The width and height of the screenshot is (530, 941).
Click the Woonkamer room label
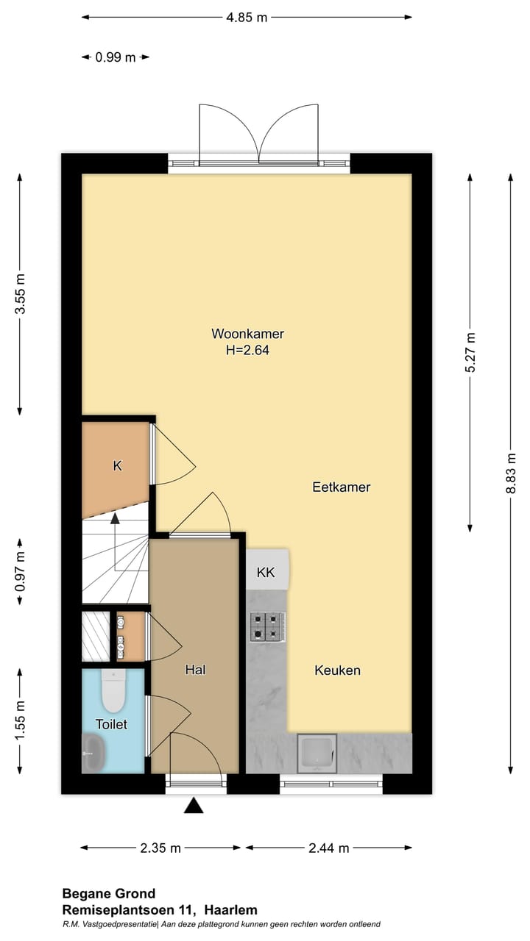(247, 334)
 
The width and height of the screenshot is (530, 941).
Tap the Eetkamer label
(341, 487)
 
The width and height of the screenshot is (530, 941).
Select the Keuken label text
(337, 670)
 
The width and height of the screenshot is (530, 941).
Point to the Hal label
(195, 670)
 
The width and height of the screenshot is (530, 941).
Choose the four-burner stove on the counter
(267, 627)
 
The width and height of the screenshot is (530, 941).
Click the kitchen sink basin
(317, 754)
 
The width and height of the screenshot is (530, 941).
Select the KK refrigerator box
(267, 569)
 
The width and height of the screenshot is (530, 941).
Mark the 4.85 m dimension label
(247, 17)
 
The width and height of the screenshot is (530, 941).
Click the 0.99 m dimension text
(116, 57)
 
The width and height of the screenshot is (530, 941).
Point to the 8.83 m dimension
(511, 473)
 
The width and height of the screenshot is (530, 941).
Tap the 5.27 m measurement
(470, 352)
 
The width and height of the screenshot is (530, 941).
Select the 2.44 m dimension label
(328, 848)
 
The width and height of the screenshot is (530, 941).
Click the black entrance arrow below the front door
(194, 806)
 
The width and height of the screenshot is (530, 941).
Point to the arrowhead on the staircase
(115, 518)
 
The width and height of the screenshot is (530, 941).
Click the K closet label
(117, 466)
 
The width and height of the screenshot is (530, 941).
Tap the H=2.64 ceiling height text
(247, 350)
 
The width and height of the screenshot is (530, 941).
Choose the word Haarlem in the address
(231, 910)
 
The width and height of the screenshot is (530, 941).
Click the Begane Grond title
(108, 893)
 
